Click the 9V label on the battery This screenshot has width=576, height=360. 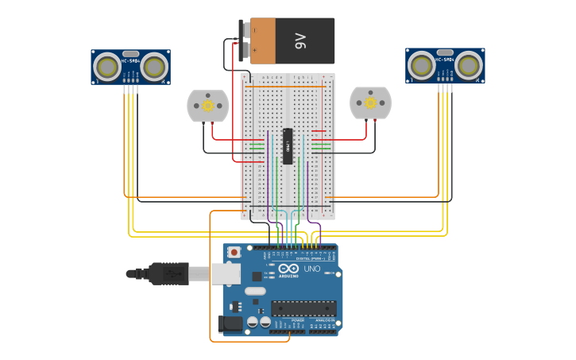(300, 41)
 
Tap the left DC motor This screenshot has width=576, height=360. (207, 106)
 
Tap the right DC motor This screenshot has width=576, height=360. (370, 103)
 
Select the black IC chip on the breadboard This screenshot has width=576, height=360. (288, 146)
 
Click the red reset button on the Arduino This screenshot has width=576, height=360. (234, 252)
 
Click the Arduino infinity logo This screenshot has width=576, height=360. (288, 269)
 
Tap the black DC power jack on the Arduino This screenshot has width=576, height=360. (230, 323)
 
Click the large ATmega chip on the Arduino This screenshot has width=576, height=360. (303, 308)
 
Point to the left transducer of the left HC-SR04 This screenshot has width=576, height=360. (107, 67)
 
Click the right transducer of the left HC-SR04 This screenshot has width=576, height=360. (155, 67)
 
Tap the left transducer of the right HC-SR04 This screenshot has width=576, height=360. (422, 67)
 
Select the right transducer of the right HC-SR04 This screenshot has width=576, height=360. (469, 67)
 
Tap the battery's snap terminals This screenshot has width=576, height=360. (245, 41)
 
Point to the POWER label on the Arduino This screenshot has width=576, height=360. (286, 320)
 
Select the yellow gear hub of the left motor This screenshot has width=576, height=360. (207, 106)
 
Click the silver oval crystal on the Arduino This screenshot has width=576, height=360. (255, 291)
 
